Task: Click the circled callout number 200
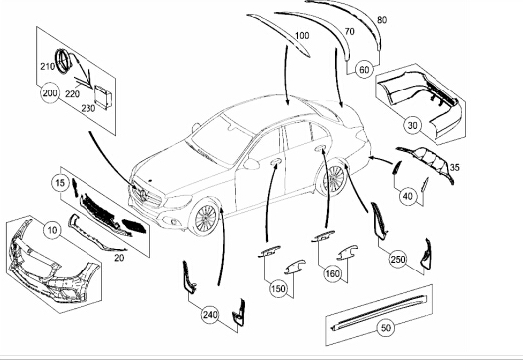tap(50, 93)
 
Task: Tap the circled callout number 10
tap(52, 230)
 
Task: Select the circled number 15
tap(60, 183)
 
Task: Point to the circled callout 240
tap(210, 314)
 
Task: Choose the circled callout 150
tap(278, 289)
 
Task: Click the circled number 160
tap(333, 273)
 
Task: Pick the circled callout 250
tap(398, 259)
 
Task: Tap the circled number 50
tap(385, 328)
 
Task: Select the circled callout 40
tap(408, 196)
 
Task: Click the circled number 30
tap(413, 125)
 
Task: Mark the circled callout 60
tap(364, 70)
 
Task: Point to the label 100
tap(302, 36)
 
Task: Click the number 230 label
tap(88, 108)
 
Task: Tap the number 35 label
tap(455, 167)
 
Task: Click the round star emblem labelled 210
tap(63, 61)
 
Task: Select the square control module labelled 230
tap(103, 96)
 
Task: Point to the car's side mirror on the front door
tap(251, 164)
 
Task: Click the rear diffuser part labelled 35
tap(429, 161)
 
